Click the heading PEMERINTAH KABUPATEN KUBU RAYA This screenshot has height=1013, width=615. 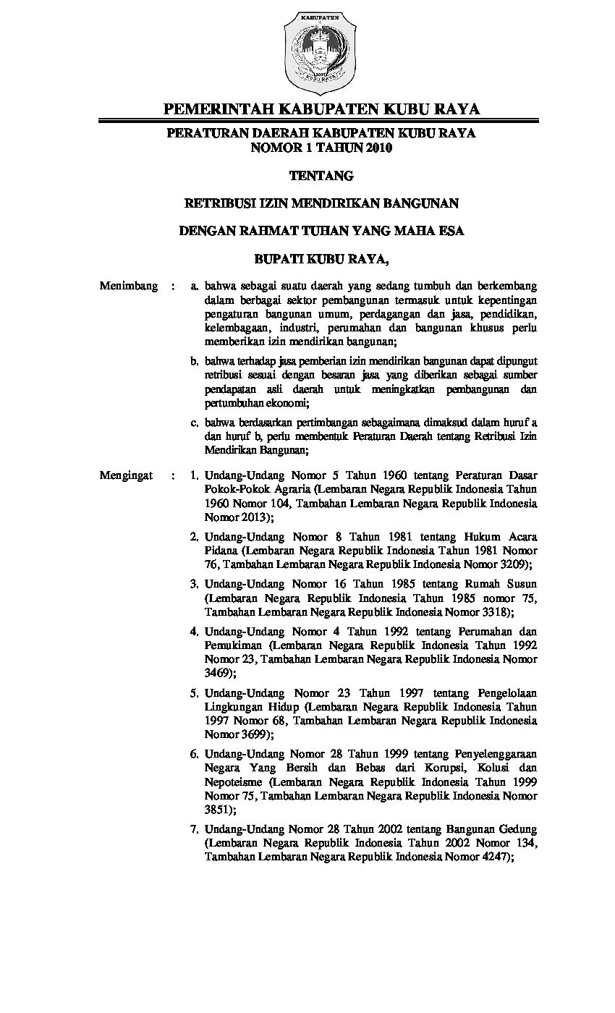coord(321,109)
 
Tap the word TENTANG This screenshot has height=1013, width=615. coord(321,176)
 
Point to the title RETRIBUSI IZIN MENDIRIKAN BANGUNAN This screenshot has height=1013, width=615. coord(321,204)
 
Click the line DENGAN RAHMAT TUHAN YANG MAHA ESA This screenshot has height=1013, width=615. coord(321,232)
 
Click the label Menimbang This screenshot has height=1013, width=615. coord(129,286)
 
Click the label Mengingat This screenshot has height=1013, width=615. coord(127,476)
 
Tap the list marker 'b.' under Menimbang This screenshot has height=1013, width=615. coord(195,360)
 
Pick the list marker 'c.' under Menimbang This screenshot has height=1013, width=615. coord(195,422)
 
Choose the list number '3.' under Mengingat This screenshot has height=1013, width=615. coord(195,583)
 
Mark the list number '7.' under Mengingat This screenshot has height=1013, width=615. coord(195,828)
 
